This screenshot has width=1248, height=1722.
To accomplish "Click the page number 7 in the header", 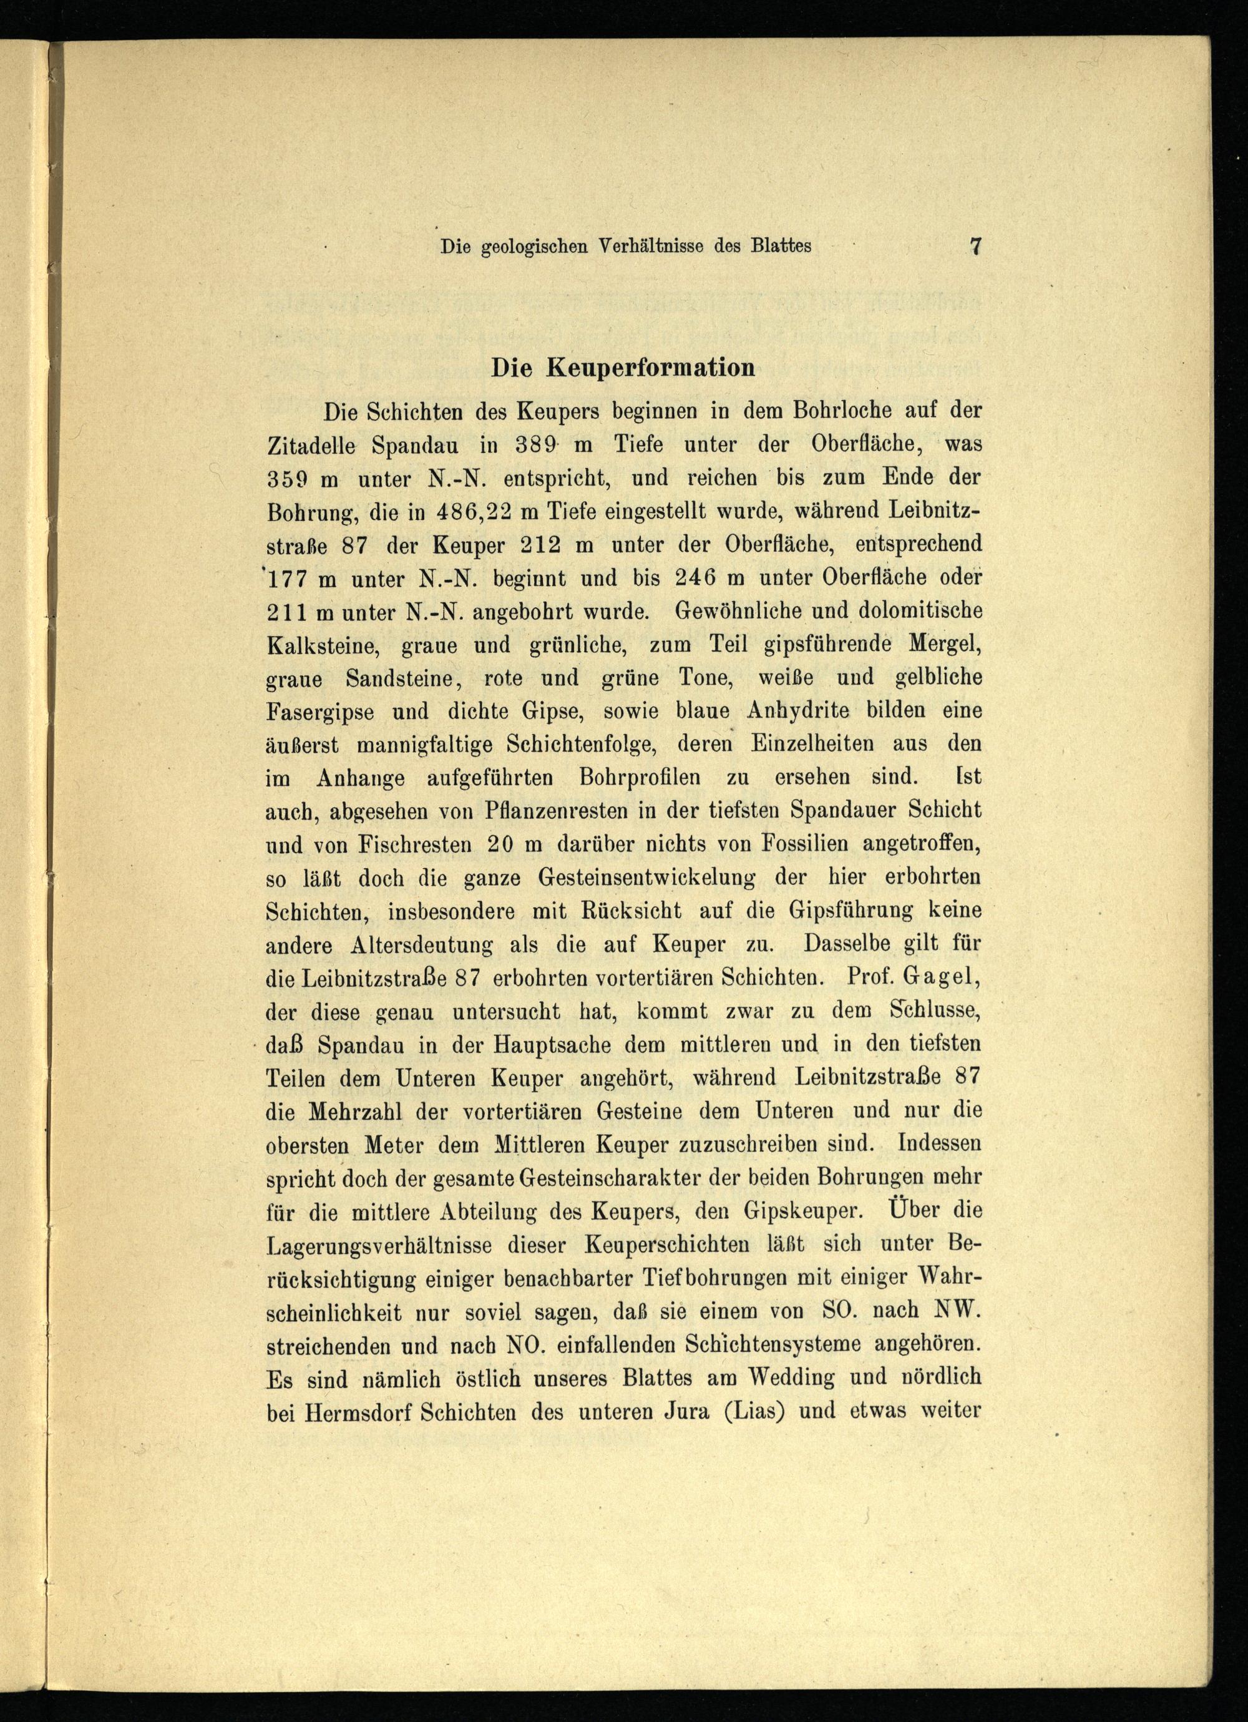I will [975, 246].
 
